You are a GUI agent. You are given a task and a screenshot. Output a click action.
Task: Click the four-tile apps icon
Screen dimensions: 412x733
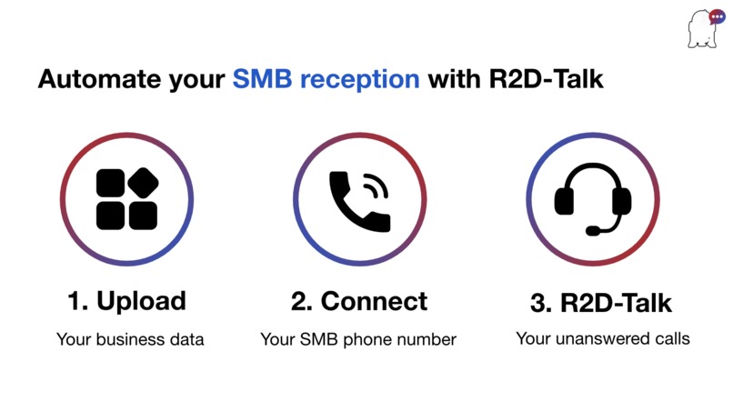pos(126,199)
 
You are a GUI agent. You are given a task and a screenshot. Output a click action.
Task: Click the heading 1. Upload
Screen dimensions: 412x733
pos(126,301)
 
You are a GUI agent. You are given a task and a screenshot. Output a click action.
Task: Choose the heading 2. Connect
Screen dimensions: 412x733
pos(359,301)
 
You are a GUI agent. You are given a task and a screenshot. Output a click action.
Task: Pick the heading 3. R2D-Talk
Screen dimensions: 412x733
pos(601,303)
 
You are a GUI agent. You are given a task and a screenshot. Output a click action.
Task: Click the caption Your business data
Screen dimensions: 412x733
pos(130,339)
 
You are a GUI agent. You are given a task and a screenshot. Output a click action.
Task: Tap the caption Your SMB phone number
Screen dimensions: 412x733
pos(358,339)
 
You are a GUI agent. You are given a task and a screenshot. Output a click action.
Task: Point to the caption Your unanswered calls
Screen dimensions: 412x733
pos(602,338)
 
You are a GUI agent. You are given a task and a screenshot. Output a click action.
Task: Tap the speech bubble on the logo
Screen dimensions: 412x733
pos(716,16)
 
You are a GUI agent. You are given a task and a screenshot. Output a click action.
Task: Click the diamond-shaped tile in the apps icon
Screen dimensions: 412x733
pos(143,183)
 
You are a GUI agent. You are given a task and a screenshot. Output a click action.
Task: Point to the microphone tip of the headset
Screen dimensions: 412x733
pos(592,231)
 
